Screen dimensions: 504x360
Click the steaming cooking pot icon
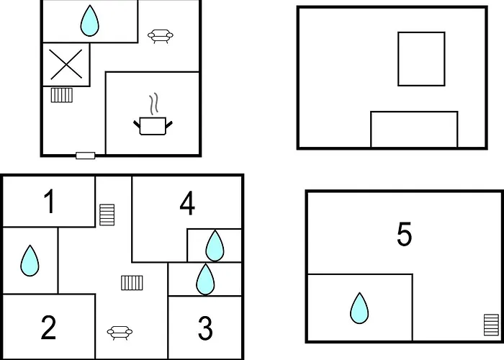(153, 119)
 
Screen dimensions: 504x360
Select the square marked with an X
(66, 65)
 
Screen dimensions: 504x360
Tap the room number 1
(49, 202)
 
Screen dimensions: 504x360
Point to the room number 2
(48, 327)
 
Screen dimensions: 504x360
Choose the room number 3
(205, 328)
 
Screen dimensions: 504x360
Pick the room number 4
(187, 203)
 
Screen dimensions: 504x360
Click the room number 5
(404, 234)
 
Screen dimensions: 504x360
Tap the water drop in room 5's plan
(359, 308)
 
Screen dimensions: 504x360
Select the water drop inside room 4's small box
(215, 246)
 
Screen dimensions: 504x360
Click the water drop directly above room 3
(205, 279)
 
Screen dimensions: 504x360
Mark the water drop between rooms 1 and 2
(30, 261)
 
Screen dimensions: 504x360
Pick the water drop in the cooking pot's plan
(90, 21)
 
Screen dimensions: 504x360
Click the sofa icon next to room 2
(120, 333)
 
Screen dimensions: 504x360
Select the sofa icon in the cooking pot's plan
(161, 36)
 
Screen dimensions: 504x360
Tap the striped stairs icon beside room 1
(107, 215)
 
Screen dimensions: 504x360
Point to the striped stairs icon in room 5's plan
(492, 325)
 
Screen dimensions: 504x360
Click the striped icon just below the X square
(62, 95)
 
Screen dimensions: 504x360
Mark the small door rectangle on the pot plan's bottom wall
(86, 156)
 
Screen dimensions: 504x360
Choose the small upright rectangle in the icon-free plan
(421, 59)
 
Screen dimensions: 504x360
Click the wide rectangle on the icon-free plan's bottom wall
(414, 130)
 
